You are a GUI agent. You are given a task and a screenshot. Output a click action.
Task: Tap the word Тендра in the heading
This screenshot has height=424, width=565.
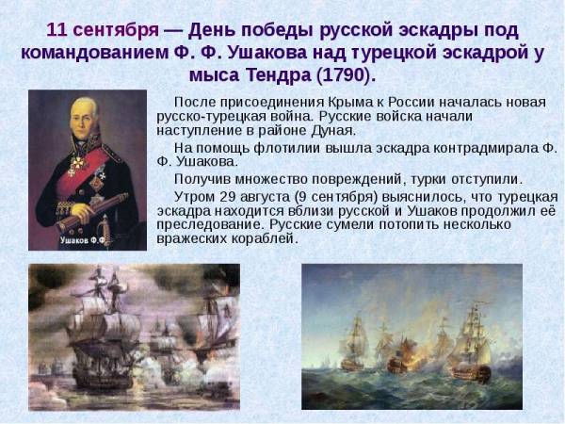point(279,75)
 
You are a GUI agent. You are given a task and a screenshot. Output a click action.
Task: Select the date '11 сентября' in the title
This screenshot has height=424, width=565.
point(103,30)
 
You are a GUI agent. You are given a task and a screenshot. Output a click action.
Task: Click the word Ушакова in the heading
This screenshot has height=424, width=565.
point(267,53)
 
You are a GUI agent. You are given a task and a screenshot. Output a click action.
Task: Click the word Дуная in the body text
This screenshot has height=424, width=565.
point(333,131)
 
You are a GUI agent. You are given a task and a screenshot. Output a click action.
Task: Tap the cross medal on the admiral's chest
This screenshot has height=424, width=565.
point(78,163)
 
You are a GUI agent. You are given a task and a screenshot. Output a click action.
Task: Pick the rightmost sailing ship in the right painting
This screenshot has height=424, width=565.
point(470,345)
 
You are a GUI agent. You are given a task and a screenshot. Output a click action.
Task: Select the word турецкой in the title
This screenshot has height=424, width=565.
point(396,53)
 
